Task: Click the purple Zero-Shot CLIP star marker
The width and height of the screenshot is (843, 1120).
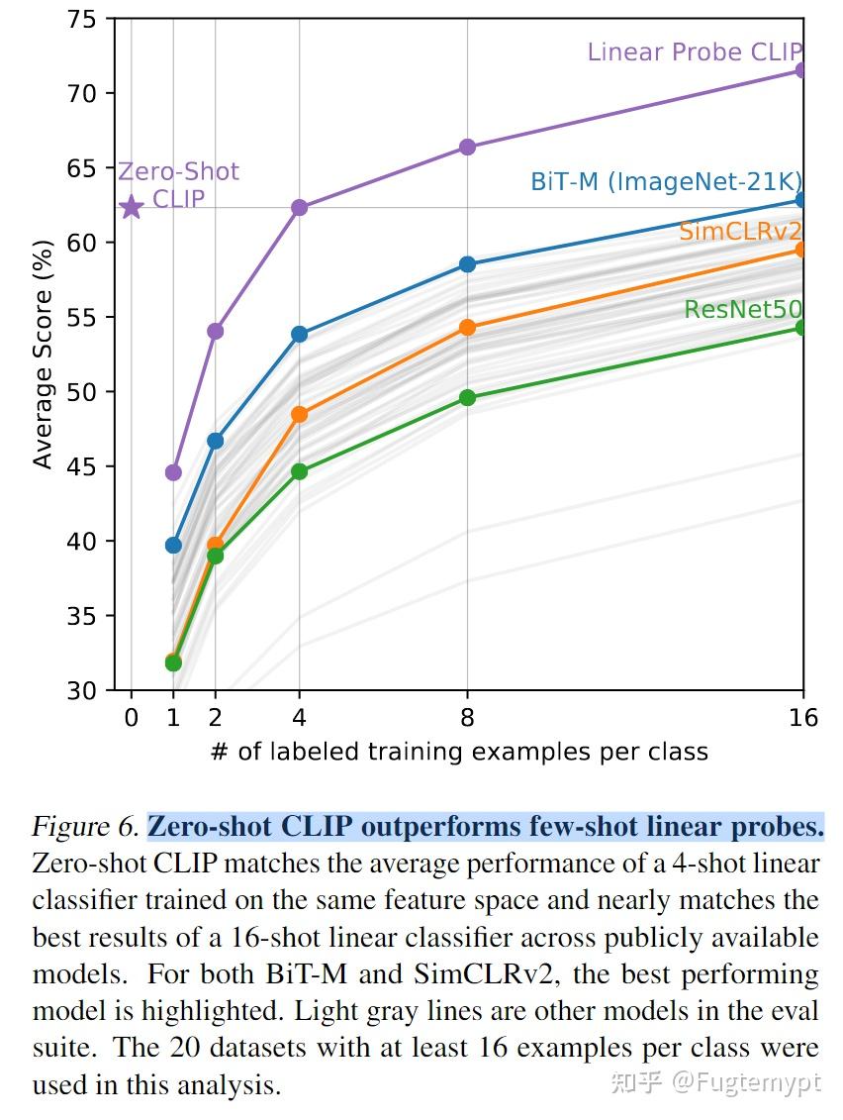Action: [x=132, y=207]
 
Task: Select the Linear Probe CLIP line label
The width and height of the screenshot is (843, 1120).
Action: [x=695, y=51]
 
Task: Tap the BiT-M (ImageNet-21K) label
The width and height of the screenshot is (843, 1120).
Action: [x=666, y=181]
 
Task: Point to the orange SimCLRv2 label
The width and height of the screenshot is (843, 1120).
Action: [x=739, y=232]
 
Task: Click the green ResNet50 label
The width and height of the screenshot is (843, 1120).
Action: [x=742, y=310]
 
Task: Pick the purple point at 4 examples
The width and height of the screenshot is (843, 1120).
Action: [x=299, y=207]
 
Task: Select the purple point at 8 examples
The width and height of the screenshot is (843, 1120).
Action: [x=467, y=147]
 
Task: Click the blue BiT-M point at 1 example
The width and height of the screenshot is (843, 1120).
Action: [x=173, y=545]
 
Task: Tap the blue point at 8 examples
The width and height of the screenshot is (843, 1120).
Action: [x=467, y=264]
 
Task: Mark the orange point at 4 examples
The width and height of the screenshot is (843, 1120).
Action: [x=299, y=414]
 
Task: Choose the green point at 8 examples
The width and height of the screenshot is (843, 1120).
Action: [x=467, y=398]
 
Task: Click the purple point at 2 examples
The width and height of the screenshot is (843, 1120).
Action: [x=215, y=331]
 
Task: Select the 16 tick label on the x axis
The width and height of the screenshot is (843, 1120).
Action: [x=803, y=717]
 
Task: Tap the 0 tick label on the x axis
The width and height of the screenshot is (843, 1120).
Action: [x=132, y=717]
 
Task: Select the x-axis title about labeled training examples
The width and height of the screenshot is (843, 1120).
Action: [x=459, y=752]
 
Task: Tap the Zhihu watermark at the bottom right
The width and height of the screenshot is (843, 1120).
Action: [x=716, y=1082]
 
